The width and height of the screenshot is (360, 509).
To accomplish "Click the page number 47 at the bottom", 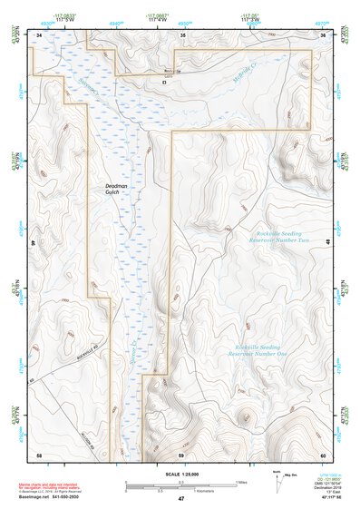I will (x=180, y=499).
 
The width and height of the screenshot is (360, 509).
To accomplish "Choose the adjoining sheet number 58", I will (x=39, y=454).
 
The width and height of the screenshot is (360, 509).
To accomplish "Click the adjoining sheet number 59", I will (x=180, y=454).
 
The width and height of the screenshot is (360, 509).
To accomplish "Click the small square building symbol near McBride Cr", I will (x=164, y=82).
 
